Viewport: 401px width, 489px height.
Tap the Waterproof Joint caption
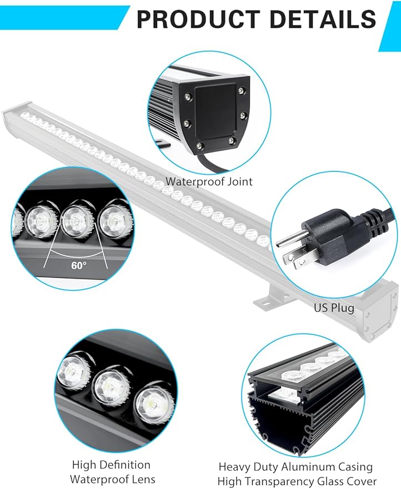click(209, 181)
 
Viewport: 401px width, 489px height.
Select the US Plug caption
click(331, 307)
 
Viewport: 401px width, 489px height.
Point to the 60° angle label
click(79, 265)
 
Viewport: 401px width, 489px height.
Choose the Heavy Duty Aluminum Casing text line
click(295, 467)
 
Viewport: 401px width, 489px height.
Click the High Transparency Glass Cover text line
click(297, 481)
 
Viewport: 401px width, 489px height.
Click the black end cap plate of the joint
click(214, 114)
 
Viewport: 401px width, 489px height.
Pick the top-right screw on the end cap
click(240, 91)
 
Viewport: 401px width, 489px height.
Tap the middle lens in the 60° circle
click(74, 220)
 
